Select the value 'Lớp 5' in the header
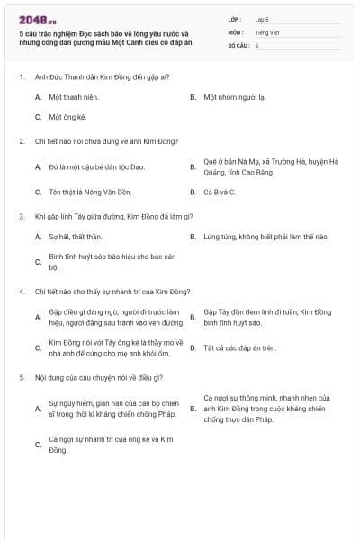[x=262, y=19]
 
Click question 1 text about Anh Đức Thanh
[x=103, y=77]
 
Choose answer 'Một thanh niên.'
[x=73, y=97]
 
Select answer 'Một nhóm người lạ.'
[x=234, y=97]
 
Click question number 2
[x=22, y=141]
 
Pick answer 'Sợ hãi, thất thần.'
[x=76, y=237]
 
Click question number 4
[x=22, y=292]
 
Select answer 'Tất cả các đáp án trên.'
[x=239, y=347]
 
